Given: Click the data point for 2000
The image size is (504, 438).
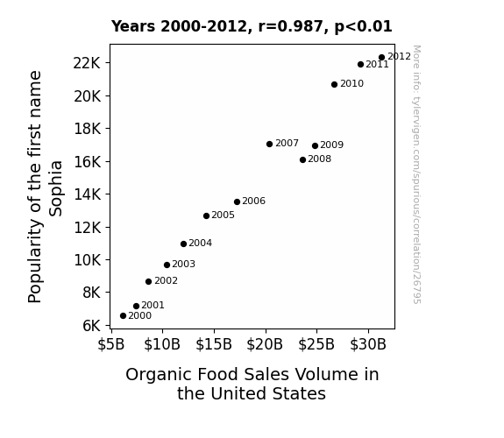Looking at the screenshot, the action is tap(123, 316).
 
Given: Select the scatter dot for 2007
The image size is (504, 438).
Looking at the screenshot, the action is tap(270, 144).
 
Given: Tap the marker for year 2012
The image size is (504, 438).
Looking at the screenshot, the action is tap(382, 58).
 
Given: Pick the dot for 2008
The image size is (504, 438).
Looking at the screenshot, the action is tap(302, 159).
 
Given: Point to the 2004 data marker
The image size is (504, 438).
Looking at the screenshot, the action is tap(183, 244).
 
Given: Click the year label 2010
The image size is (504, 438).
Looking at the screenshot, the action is tap(352, 83).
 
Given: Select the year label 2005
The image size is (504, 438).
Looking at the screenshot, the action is tap(223, 215).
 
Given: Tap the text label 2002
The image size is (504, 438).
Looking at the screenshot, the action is tap(166, 280).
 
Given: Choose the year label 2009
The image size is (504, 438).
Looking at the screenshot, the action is tap(332, 145).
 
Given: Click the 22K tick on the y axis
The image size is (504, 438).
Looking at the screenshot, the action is tap(87, 63).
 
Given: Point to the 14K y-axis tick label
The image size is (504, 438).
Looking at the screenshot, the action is tap(88, 194).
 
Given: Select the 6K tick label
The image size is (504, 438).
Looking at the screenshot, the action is tap(92, 326).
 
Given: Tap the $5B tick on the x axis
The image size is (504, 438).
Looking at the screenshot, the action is tap(111, 344).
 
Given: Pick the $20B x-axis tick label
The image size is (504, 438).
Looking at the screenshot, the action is tap(265, 344).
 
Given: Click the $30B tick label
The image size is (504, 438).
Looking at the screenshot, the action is tap(368, 344).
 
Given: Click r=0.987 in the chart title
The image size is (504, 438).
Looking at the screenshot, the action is tap(291, 26).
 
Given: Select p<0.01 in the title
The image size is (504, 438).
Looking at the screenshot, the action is tap(363, 27).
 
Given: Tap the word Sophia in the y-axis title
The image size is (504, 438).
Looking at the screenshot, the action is tap(55, 188).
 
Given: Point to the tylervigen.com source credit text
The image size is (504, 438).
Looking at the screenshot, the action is tap(416, 174).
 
